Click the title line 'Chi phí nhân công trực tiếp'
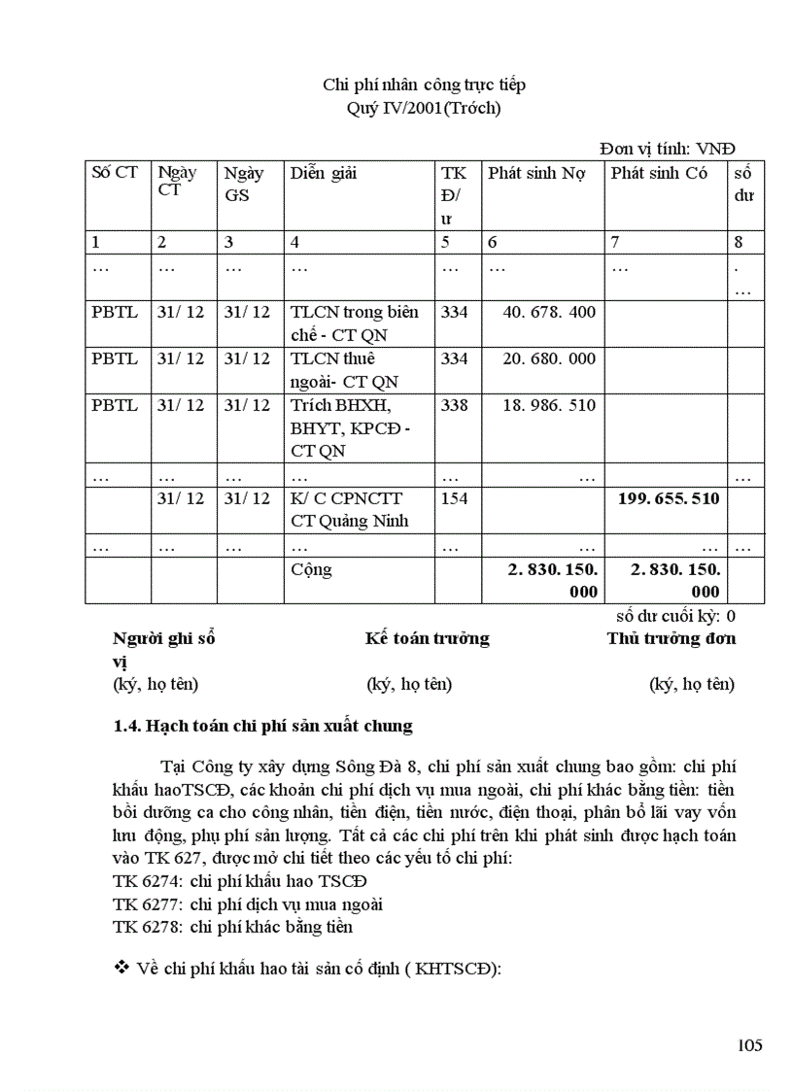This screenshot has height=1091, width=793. point(424,85)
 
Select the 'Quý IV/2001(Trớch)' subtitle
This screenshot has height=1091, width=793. point(424,108)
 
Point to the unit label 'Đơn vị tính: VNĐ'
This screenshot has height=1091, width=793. point(668,148)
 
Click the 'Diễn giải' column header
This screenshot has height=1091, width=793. point(324,173)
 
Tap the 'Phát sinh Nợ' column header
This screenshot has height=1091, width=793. point(536,173)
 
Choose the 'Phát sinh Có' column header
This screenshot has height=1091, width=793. point(659,173)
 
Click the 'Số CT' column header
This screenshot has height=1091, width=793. point(115,173)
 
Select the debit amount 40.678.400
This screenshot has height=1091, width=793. point(550,312)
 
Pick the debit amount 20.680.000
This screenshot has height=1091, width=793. point(550,358)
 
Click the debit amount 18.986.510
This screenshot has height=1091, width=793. point(550,405)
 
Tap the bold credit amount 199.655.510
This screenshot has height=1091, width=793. point(669,498)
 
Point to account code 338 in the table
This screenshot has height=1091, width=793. point(455,405)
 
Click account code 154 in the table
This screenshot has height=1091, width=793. point(455,498)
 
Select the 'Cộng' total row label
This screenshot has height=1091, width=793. point(311,569)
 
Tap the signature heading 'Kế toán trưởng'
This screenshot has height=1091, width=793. point(428,638)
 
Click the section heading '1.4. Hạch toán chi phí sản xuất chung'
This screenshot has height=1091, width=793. point(263,726)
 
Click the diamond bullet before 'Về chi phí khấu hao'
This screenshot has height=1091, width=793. point(122,967)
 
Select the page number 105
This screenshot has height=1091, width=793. point(749,1045)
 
